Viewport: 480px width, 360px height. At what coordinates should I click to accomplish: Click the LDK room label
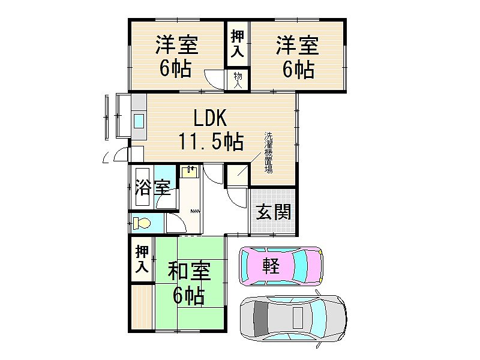[211, 118]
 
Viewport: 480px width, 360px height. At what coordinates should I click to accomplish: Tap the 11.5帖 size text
[211, 141]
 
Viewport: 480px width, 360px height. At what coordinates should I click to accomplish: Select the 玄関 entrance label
[273, 212]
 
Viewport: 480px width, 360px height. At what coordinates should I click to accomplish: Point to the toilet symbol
[142, 223]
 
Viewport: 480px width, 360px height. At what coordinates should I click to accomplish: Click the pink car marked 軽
[281, 266]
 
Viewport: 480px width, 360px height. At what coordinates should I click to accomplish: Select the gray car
[293, 319]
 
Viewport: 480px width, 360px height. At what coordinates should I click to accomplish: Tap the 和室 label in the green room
[189, 271]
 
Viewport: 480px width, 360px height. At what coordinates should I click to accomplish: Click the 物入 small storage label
[238, 80]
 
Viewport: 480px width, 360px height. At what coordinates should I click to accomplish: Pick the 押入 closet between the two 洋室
[238, 43]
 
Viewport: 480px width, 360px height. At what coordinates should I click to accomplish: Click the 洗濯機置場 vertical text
[268, 152]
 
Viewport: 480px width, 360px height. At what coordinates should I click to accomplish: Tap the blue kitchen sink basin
[139, 121]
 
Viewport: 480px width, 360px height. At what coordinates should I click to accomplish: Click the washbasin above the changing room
[189, 172]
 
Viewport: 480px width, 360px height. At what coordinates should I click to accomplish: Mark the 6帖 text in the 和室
[189, 295]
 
